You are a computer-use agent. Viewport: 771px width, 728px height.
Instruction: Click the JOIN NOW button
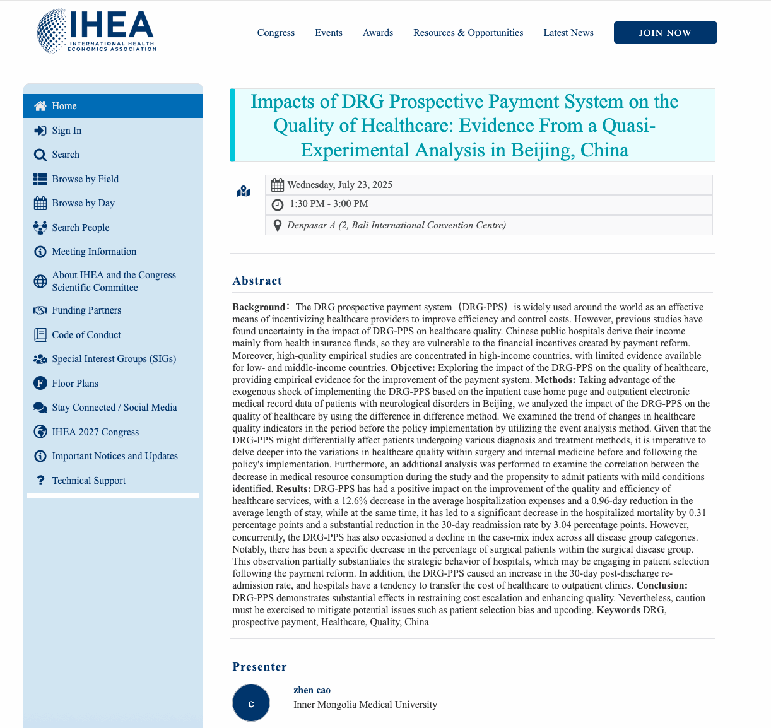(665, 33)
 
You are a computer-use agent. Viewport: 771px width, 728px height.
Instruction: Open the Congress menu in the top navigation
(276, 33)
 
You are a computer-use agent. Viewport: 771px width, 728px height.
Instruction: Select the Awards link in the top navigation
(377, 33)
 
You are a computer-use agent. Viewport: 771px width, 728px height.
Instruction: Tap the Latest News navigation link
(568, 33)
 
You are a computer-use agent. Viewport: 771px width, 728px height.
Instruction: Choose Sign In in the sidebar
(66, 131)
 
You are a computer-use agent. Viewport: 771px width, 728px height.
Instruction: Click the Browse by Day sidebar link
(83, 203)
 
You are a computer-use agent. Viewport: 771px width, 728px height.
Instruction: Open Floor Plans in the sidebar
(75, 384)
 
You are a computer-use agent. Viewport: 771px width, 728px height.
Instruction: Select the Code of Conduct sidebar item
(86, 335)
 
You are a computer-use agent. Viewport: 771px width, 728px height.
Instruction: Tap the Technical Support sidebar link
(89, 481)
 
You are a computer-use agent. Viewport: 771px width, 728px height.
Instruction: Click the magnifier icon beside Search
(40, 155)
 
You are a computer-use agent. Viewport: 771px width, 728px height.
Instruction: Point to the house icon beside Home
(40, 106)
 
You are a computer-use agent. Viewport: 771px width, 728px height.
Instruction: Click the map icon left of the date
(244, 191)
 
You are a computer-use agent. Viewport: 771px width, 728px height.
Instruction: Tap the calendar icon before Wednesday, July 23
(277, 185)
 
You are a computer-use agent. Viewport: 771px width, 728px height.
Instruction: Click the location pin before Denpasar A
(277, 225)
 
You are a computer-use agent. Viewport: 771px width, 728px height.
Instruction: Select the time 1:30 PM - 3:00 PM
(329, 204)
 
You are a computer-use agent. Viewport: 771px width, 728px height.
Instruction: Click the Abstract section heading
(257, 281)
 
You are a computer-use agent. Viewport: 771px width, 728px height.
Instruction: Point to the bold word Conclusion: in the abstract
(662, 585)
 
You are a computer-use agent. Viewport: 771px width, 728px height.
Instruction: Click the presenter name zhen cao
(312, 690)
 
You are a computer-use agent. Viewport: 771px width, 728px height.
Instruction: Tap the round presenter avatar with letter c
(251, 703)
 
